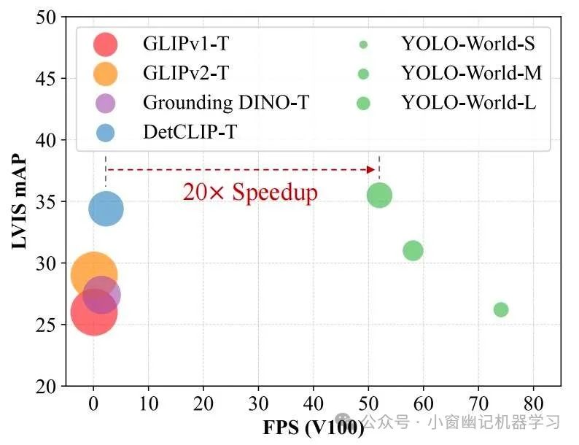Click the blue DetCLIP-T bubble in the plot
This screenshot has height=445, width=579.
[x=106, y=209]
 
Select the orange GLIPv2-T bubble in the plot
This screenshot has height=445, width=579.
[x=92, y=274]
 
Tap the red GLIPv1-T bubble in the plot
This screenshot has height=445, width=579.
[x=93, y=313]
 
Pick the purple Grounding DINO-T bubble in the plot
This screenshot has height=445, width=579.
[x=102, y=295]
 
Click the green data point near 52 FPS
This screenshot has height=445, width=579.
[x=379, y=195]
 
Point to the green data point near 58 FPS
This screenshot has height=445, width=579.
[x=413, y=250]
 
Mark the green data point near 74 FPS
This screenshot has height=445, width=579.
[x=501, y=309]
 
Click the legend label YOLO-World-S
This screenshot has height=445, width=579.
[x=468, y=44]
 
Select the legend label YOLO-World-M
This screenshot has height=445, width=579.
[x=471, y=74]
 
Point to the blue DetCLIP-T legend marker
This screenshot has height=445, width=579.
[x=106, y=133]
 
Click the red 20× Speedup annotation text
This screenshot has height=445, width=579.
[x=250, y=193]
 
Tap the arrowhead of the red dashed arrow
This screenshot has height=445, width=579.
[x=370, y=170]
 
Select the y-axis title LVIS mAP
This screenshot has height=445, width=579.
[x=22, y=201]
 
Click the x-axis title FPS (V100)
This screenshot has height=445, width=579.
[x=314, y=427]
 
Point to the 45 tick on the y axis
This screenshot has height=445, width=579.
[x=45, y=78]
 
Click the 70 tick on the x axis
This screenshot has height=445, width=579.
[x=478, y=403]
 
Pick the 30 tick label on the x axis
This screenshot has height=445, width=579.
[x=258, y=403]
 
